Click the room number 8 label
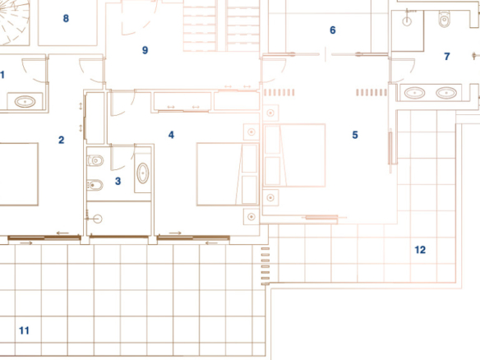pos(66,18)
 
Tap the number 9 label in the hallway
pos(145,50)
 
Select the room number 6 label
pos(333,30)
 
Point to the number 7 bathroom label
pos(447,57)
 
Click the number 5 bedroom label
pos(355,135)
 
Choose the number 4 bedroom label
pos(171,135)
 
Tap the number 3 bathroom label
pos(118,181)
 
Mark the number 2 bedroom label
pos(61,140)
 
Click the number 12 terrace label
pos(420,250)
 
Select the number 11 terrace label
pos(24,330)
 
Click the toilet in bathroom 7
pos(444,18)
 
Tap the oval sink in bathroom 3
pos(143,173)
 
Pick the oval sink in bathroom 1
pos(25,101)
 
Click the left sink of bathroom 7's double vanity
pos(414,92)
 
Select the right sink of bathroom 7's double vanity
pos(446,92)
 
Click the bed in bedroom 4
pos(228,174)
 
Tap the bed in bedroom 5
pos(294,155)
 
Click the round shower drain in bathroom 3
pos(98,219)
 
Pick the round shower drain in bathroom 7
pos(407,21)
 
